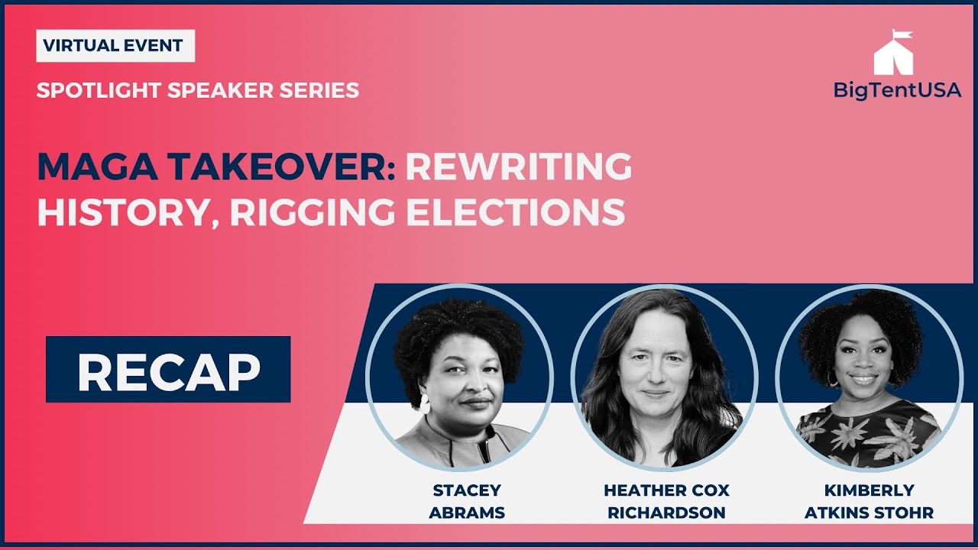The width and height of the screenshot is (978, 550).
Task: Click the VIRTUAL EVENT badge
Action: (115, 46)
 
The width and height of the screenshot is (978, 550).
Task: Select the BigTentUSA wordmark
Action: (897, 90)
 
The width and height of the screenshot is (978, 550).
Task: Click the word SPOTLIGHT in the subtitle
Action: (99, 90)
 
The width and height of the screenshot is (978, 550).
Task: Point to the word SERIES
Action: (319, 90)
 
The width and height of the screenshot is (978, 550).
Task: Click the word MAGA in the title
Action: (97, 167)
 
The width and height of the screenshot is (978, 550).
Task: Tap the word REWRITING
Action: (519, 167)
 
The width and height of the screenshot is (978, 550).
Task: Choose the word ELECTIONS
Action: (516, 212)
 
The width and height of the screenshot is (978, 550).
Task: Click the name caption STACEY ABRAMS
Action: (467, 501)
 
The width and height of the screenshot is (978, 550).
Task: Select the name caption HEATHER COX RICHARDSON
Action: (667, 501)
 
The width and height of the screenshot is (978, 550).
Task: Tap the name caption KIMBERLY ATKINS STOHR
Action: (869, 501)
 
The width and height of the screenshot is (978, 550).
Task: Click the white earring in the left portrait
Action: (425, 403)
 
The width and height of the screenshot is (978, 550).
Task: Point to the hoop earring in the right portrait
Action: (833, 379)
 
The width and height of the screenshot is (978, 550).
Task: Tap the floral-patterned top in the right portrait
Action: (868, 433)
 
